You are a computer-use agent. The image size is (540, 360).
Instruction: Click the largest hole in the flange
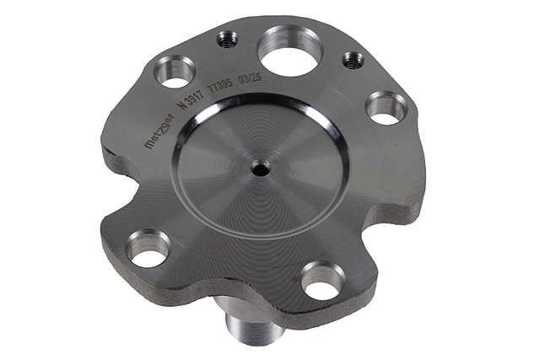(290, 51)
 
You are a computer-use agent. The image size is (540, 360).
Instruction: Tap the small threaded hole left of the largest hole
(227, 40)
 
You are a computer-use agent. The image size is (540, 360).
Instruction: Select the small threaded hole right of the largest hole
(354, 60)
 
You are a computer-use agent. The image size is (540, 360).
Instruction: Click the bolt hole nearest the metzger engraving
(175, 72)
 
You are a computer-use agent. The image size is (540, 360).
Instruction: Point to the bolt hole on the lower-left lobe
(148, 249)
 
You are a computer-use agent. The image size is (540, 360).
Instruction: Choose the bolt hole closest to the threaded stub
(323, 280)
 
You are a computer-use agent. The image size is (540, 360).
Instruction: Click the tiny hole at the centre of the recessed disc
(261, 167)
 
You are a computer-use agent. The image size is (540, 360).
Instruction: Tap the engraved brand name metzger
(159, 132)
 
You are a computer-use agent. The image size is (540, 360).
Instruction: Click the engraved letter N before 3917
(185, 104)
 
